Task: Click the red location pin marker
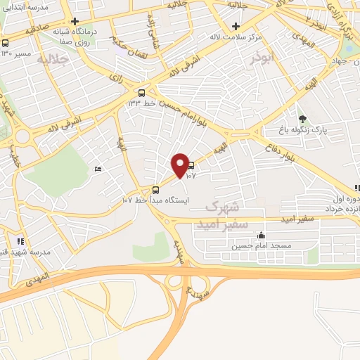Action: pos(181,165)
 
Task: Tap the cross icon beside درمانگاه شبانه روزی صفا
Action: pos(75,21)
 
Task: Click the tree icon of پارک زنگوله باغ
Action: pos(303,119)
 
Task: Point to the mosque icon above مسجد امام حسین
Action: pos(262,236)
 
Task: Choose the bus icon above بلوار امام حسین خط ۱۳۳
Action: pos(142,92)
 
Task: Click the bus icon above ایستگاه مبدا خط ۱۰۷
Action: pos(155,189)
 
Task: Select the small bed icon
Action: pos(98,169)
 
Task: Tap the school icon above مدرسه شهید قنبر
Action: pos(21,241)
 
